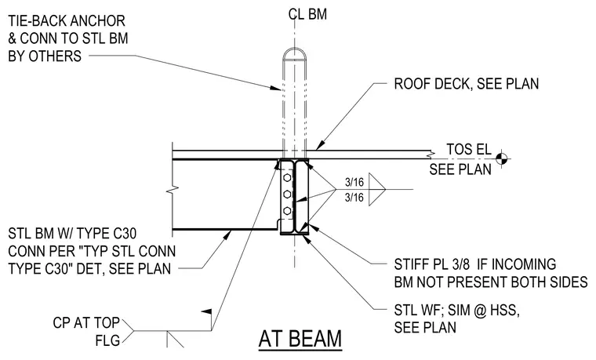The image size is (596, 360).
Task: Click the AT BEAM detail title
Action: point(300,339)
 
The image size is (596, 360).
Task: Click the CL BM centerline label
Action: point(307,14)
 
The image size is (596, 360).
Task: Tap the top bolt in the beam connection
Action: point(287,178)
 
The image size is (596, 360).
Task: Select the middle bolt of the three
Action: point(287,195)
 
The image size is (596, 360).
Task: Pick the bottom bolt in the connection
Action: point(287,211)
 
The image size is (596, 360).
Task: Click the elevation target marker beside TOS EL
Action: point(501,159)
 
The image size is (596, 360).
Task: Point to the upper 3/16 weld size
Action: point(354,182)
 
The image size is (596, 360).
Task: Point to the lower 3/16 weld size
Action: point(354,198)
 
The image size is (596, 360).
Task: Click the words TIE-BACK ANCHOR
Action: point(67,21)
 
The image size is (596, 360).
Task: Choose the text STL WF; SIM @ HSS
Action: point(457,311)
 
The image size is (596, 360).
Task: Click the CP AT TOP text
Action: point(86,323)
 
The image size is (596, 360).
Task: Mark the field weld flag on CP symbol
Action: point(205,312)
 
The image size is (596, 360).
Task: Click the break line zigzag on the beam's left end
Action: point(173,189)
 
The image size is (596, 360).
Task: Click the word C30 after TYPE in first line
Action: point(124,234)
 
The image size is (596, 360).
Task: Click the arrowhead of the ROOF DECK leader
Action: point(320,145)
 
